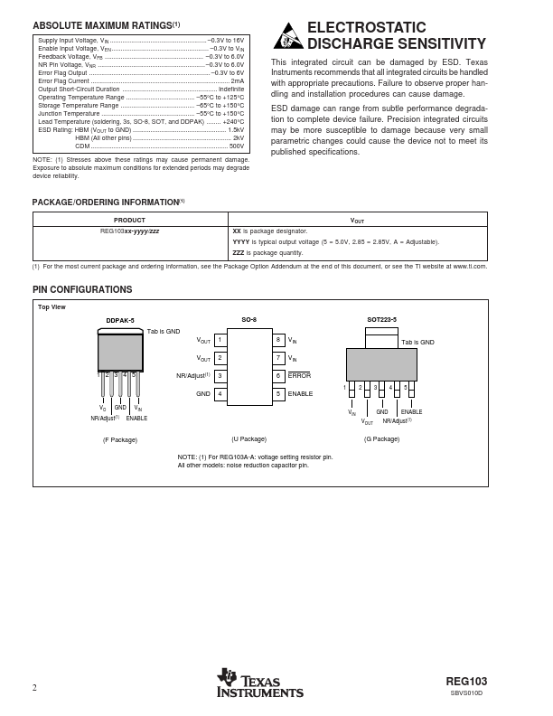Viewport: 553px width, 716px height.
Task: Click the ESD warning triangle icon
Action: pos(287,36)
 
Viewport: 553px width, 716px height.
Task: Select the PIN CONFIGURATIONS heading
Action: pos(82,289)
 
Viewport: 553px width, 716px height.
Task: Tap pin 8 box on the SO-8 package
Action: pos(279,340)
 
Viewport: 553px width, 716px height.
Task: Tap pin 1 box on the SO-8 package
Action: pos(220,340)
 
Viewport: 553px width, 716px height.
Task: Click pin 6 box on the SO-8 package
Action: pos(279,375)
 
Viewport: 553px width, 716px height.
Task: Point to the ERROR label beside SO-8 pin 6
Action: pos(299,375)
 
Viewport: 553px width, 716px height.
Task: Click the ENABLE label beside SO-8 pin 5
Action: pos(300,394)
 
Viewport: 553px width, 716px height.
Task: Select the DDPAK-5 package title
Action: pos(119,321)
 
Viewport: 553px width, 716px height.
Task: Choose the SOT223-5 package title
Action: pos(381,320)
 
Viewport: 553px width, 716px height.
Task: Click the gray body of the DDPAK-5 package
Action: pos(120,353)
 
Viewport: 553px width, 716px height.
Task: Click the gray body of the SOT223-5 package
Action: pos(381,364)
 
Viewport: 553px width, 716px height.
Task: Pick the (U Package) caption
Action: pos(248,439)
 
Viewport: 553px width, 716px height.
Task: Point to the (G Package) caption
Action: pos(381,439)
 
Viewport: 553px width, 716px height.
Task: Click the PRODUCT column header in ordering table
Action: pos(129,220)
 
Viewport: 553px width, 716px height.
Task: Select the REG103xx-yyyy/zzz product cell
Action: pos(129,231)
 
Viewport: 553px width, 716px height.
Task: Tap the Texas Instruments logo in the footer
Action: pos(260,683)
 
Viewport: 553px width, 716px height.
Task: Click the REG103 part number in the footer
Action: pos(466,682)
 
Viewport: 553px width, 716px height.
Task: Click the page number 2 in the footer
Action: pos(34,688)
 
